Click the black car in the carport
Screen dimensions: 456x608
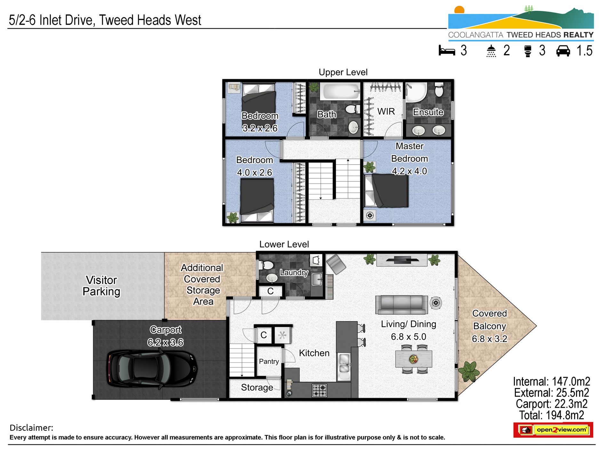tap(152, 370)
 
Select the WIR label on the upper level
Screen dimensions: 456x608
tap(386, 111)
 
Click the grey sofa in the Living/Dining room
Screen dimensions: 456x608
tap(401, 305)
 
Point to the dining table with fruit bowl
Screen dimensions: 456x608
tap(413, 359)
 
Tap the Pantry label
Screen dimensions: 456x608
tap(268, 361)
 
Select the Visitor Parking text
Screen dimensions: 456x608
tap(101, 286)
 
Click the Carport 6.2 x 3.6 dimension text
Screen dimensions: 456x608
tap(165, 342)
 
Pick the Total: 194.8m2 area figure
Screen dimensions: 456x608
tap(551, 415)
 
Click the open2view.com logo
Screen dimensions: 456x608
tap(553, 430)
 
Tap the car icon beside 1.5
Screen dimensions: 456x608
tap(563, 51)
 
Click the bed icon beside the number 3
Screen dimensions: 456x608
tap(447, 51)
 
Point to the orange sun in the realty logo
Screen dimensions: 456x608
tap(459, 10)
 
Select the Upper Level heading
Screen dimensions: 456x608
tap(343, 72)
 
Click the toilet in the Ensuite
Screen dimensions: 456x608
tap(439, 90)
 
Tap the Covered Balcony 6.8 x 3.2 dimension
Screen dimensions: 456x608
tap(489, 339)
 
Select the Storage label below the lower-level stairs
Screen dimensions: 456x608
tap(257, 388)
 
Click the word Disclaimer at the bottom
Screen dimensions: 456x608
tap(31, 428)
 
